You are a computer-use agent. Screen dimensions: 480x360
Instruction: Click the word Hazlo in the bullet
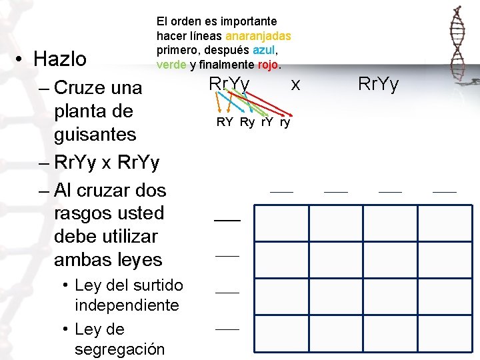point(60,59)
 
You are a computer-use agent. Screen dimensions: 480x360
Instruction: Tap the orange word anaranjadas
point(258,36)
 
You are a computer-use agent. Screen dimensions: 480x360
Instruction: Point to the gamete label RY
point(225,122)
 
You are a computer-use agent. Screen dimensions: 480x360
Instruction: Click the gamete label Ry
point(247,122)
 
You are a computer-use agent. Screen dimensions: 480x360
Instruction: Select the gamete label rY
point(267,122)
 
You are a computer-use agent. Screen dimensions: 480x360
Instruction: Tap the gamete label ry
point(285,122)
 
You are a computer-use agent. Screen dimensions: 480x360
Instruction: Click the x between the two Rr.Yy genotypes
point(296,84)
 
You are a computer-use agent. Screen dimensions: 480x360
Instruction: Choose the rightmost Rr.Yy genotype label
point(378,84)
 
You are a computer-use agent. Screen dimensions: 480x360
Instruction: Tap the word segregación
point(119,349)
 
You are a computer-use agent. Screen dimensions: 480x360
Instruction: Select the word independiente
point(127,305)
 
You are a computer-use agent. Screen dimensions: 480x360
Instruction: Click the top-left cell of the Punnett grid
point(282,223)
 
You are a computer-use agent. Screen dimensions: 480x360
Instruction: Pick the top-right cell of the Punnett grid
point(445,223)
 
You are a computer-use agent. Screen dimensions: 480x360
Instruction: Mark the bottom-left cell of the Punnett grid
point(282,334)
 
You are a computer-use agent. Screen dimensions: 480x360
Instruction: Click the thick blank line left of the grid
point(227,219)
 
